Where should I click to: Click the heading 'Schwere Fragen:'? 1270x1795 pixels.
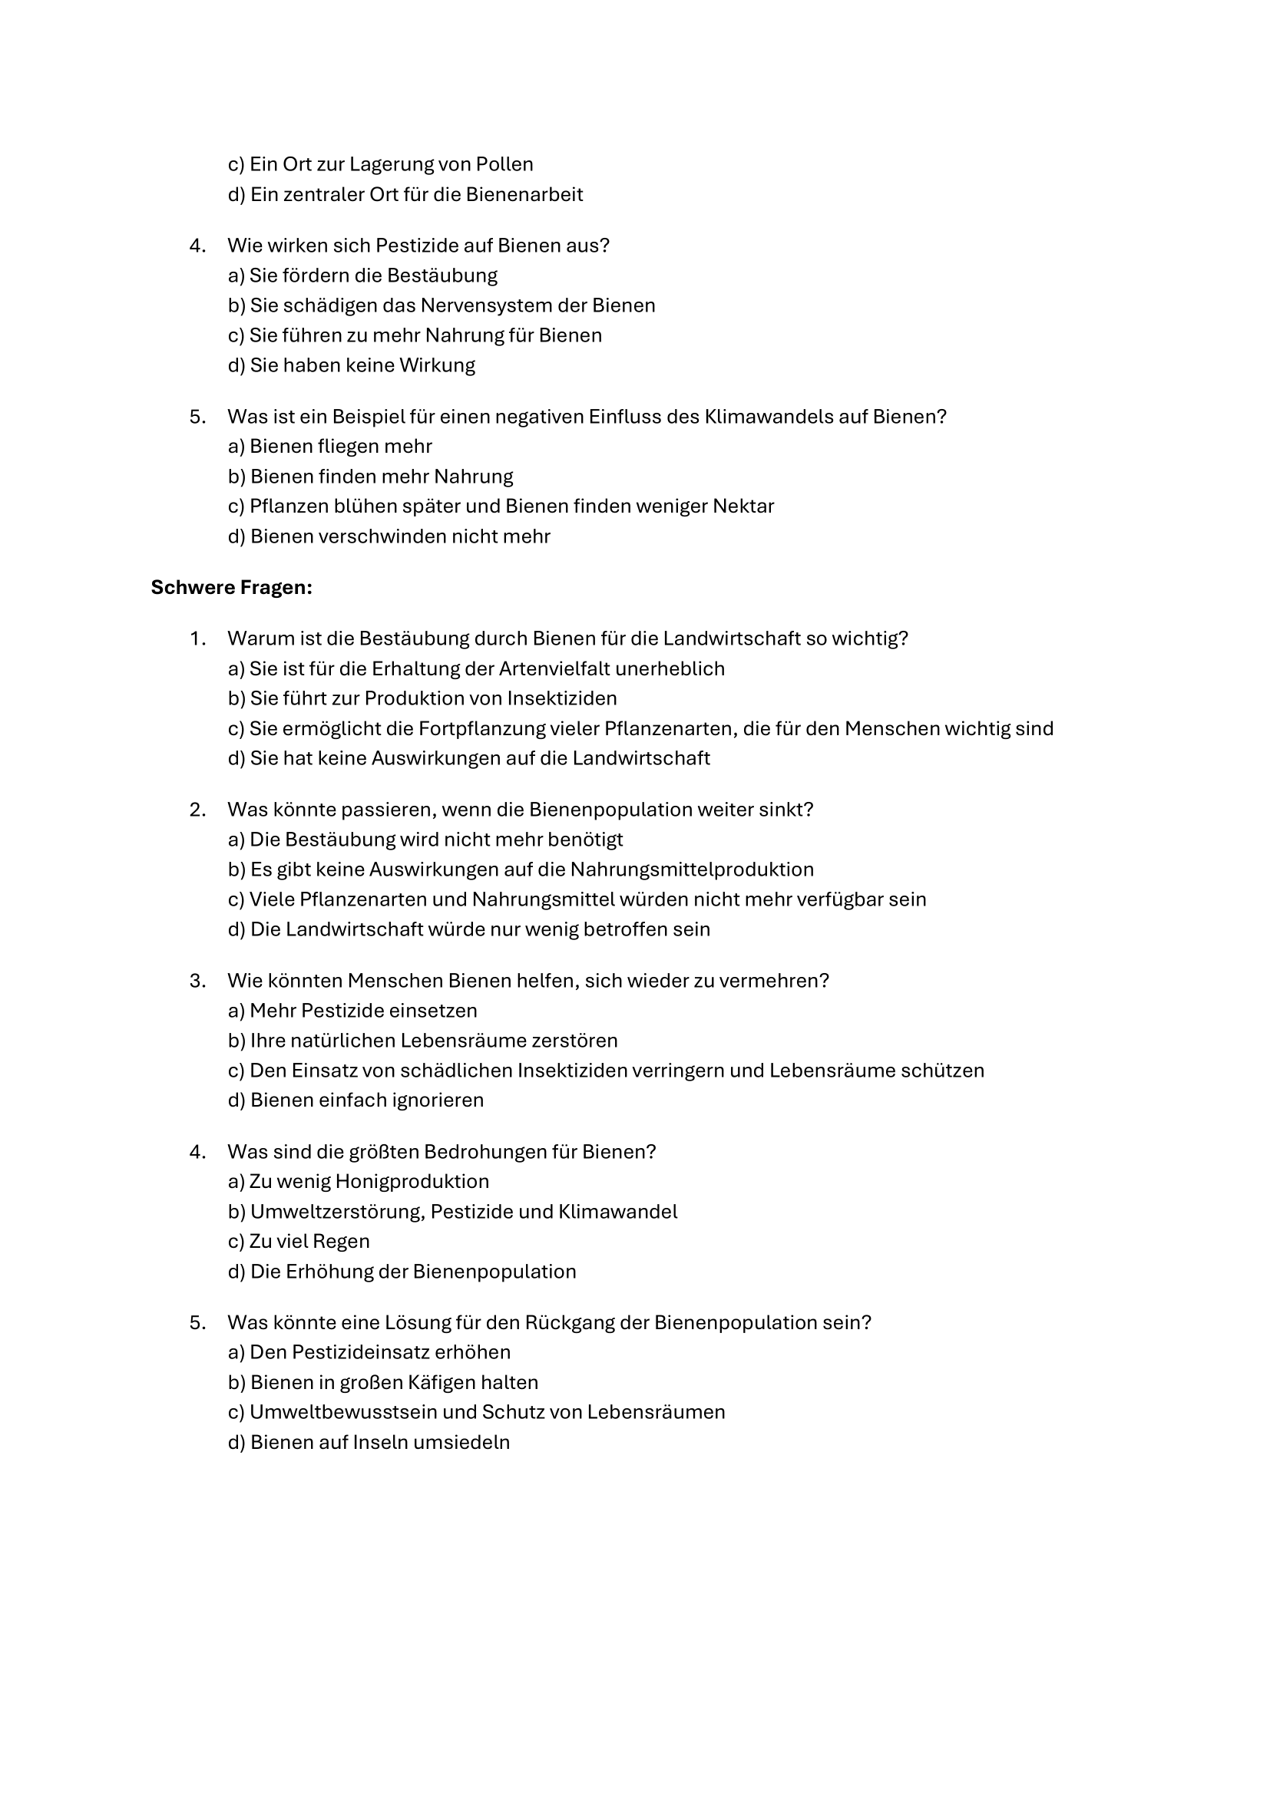(231, 587)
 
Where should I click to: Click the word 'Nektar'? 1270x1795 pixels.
(743, 506)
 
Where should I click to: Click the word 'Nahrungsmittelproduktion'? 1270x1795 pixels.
(691, 869)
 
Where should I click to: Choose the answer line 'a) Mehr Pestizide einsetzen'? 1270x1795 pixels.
(352, 1011)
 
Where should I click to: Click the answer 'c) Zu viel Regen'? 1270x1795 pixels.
(299, 1242)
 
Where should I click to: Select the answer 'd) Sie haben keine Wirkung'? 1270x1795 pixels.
(351, 365)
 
